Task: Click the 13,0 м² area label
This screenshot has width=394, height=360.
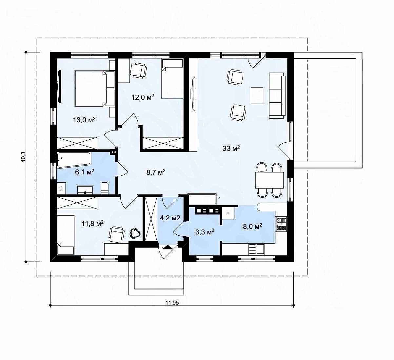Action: click(84, 120)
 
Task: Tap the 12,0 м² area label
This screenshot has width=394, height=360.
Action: click(143, 97)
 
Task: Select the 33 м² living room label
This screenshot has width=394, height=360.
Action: click(231, 148)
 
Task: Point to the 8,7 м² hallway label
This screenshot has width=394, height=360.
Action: click(156, 172)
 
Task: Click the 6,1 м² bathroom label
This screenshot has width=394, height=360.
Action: click(85, 172)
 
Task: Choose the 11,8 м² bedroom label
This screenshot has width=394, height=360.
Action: click(92, 223)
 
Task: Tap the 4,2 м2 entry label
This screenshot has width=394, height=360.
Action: click(170, 218)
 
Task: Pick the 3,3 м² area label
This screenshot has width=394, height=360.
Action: click(205, 232)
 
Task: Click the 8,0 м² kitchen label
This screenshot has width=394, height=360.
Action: click(252, 226)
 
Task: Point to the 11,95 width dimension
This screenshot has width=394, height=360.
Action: click(172, 303)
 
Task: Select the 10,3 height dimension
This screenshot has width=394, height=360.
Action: click(23, 156)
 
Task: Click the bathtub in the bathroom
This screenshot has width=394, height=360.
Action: click(74, 160)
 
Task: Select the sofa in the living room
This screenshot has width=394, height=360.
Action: click(277, 95)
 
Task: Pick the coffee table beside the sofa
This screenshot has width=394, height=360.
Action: click(257, 95)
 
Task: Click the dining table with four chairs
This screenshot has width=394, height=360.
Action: click(269, 180)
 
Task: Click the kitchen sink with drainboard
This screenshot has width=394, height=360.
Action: click(256, 250)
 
